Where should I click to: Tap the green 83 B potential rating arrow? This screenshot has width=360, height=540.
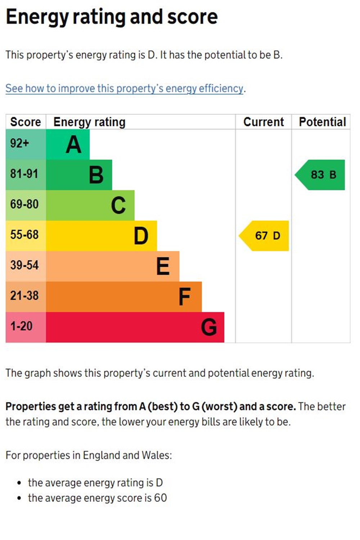click(x=321, y=175)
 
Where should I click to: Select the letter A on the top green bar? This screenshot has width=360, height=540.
click(x=74, y=145)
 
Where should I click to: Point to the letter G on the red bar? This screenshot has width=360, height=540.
click(x=209, y=328)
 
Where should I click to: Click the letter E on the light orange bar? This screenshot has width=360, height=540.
click(x=163, y=266)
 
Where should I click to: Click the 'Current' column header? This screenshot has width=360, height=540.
click(x=264, y=122)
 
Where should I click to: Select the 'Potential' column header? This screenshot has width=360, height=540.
click(x=322, y=122)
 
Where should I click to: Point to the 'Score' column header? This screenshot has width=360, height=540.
click(x=26, y=122)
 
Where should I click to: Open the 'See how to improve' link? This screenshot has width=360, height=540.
click(x=125, y=89)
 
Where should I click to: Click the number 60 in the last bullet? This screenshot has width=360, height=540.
click(x=161, y=498)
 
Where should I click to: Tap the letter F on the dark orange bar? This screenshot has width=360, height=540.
click(x=185, y=297)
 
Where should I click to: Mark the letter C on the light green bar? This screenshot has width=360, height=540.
click(x=118, y=206)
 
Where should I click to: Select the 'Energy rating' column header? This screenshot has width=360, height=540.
click(x=89, y=122)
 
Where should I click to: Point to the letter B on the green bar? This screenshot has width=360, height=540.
click(x=96, y=175)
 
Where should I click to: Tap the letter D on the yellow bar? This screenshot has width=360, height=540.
click(x=141, y=236)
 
